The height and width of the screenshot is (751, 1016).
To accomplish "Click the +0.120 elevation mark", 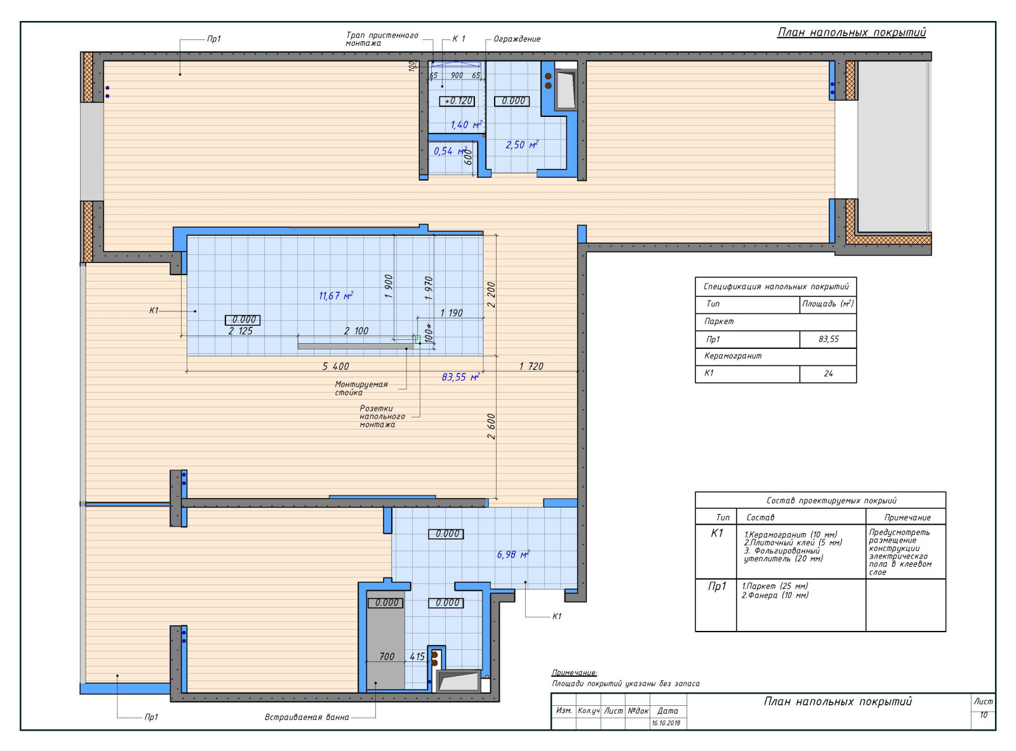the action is pos(457,101).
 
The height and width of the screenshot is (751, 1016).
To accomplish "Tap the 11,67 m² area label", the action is pos(336,295).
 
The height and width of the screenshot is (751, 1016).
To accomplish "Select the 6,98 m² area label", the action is pos(513,554).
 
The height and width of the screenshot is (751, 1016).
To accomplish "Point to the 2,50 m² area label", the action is pos(522,145).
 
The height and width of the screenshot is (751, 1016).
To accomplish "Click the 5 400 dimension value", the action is pos(335,367).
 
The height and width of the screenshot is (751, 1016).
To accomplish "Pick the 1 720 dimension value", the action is pos(531,367).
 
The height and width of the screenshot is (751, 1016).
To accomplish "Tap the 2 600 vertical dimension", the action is pos(491,426).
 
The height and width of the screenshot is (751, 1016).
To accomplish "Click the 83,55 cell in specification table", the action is pos(828,339).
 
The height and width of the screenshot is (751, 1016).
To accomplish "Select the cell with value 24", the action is pos(828,374).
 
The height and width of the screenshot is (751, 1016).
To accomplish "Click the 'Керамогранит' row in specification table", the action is pos(775,356).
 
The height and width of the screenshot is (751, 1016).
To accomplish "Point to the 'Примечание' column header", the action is pos(907,517).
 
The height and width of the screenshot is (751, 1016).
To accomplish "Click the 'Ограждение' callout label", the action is pos(517,39).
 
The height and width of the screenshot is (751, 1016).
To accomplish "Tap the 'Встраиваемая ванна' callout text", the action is pos(307,717).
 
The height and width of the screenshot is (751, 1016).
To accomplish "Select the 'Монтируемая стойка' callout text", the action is pos(361,388).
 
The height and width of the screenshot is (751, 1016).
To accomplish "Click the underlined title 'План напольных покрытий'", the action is pos(852,32).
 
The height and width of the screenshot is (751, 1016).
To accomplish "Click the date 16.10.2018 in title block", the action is pos(665,723).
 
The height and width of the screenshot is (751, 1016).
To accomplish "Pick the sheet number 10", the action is pos(983,715).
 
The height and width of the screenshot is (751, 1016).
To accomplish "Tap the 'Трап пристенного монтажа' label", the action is pos(382,39).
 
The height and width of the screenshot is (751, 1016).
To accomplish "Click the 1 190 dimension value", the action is pos(451,313).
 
